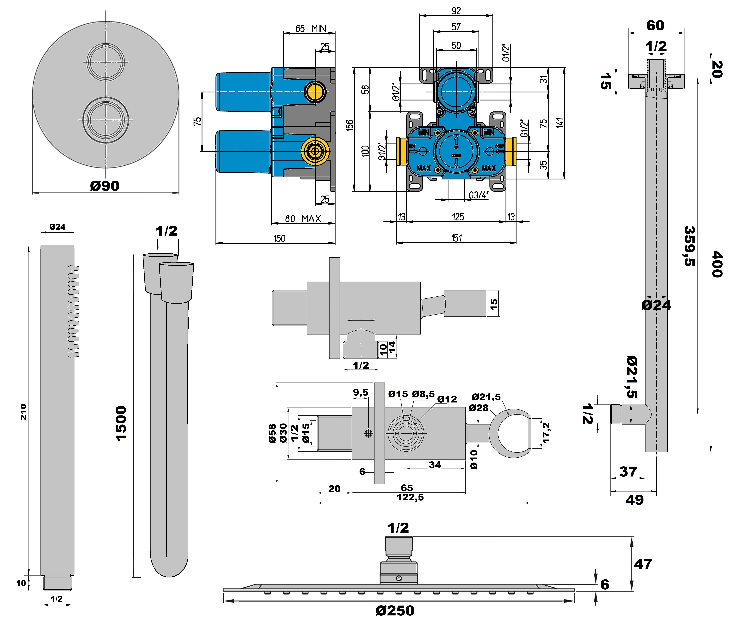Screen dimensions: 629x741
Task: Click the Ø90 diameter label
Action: (x=105, y=186)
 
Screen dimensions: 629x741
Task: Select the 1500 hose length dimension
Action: (x=121, y=424)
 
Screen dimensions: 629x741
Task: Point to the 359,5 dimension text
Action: (x=689, y=246)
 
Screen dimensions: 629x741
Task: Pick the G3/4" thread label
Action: (x=478, y=195)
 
